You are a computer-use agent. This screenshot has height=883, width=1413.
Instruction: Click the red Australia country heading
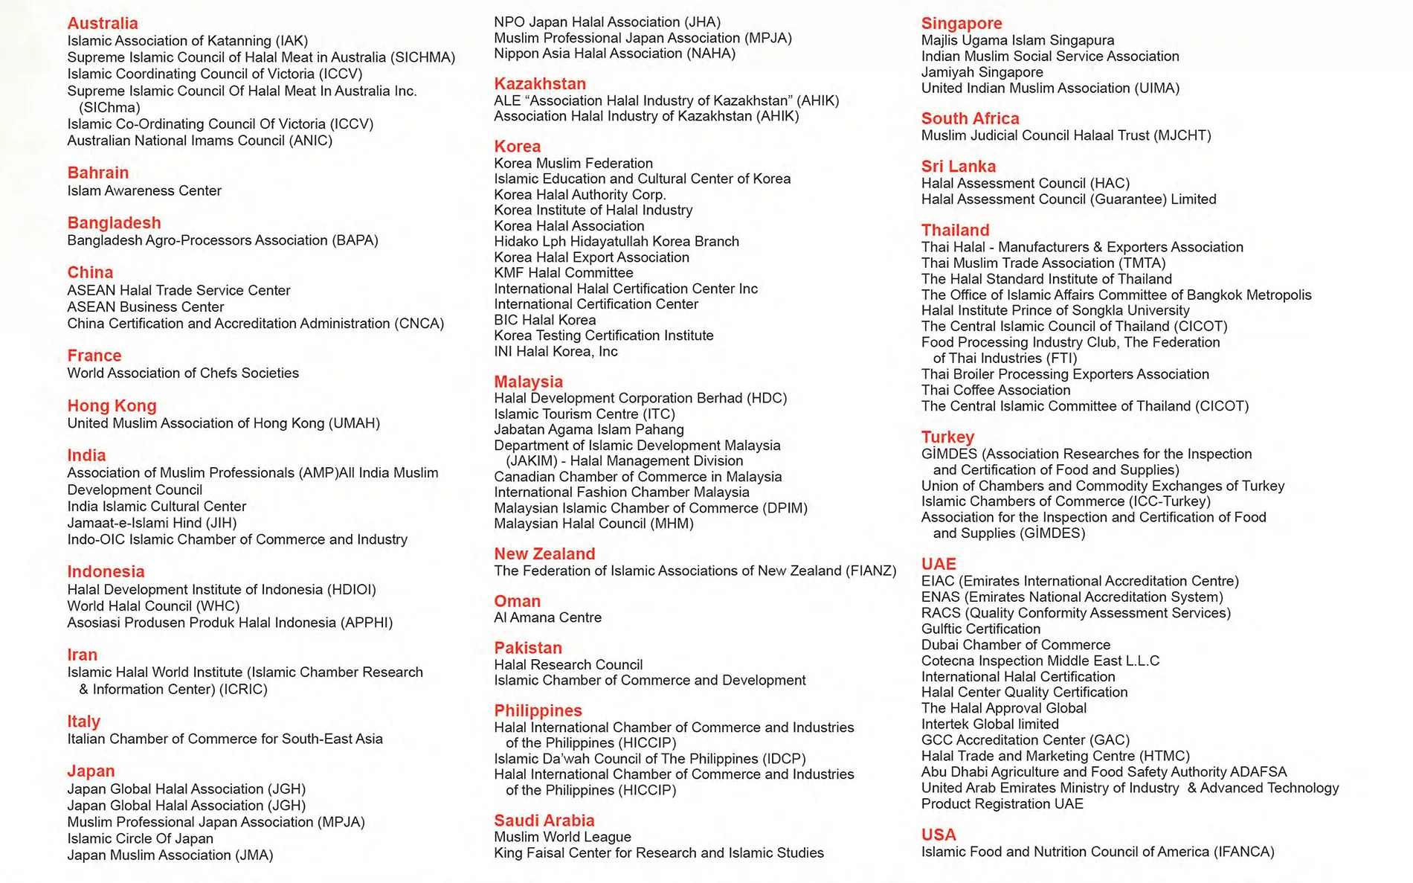pyautogui.click(x=103, y=23)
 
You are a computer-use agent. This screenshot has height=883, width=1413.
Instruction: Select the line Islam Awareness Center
pyautogui.click(x=144, y=190)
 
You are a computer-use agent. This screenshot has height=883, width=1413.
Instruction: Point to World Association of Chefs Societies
pyautogui.click(x=183, y=373)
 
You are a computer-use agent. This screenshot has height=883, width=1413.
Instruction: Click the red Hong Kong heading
pyautogui.click(x=112, y=405)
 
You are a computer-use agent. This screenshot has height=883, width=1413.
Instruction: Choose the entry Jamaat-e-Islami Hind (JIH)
pyautogui.click(x=152, y=522)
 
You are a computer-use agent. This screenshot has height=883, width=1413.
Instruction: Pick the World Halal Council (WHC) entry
pyautogui.click(x=153, y=606)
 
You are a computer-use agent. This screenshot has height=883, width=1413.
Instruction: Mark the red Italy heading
pyautogui.click(x=83, y=721)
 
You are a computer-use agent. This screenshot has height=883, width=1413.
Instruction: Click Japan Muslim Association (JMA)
pyautogui.click(x=170, y=855)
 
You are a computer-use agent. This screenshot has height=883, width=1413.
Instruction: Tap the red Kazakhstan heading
pyautogui.click(x=540, y=83)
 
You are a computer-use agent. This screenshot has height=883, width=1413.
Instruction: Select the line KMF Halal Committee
pyautogui.click(x=564, y=272)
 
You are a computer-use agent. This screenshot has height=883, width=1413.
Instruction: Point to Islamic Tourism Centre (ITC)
pyautogui.click(x=585, y=414)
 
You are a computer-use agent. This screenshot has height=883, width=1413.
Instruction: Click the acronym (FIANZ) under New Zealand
pyautogui.click(x=871, y=571)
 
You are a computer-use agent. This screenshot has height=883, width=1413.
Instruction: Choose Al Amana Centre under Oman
pyautogui.click(x=547, y=617)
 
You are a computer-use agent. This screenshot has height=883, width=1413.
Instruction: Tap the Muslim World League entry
pyautogui.click(x=562, y=836)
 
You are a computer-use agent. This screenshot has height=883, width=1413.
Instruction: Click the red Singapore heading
pyautogui.click(x=962, y=23)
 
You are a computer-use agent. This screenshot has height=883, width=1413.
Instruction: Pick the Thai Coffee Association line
pyautogui.click(x=996, y=390)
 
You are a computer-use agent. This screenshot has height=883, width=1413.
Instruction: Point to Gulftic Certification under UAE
pyautogui.click(x=981, y=629)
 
